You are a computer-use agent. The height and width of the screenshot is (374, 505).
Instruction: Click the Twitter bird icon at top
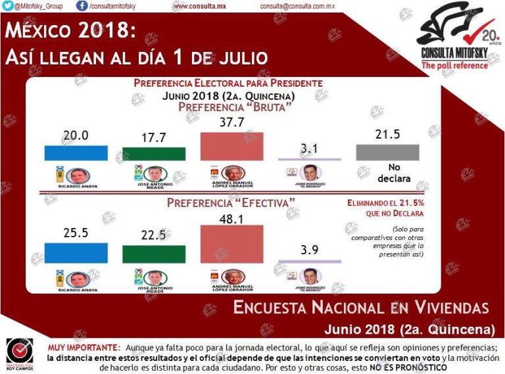(x=7, y=6)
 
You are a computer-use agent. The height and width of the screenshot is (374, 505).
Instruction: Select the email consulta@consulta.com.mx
(x=297, y=6)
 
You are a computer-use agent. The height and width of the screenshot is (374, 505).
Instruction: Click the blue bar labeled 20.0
(x=76, y=152)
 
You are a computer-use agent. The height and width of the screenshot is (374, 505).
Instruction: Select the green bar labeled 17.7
(x=154, y=154)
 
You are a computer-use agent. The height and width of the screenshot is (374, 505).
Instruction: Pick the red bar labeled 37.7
(x=231, y=147)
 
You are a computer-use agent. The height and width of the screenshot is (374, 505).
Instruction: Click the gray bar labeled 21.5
(x=387, y=152)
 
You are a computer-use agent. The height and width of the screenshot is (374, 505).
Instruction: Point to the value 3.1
(x=309, y=150)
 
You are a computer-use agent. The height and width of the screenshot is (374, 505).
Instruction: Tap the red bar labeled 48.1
(x=231, y=244)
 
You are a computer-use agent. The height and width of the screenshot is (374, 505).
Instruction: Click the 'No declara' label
(x=394, y=173)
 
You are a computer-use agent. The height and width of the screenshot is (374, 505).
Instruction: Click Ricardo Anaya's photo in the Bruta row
(x=79, y=176)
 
